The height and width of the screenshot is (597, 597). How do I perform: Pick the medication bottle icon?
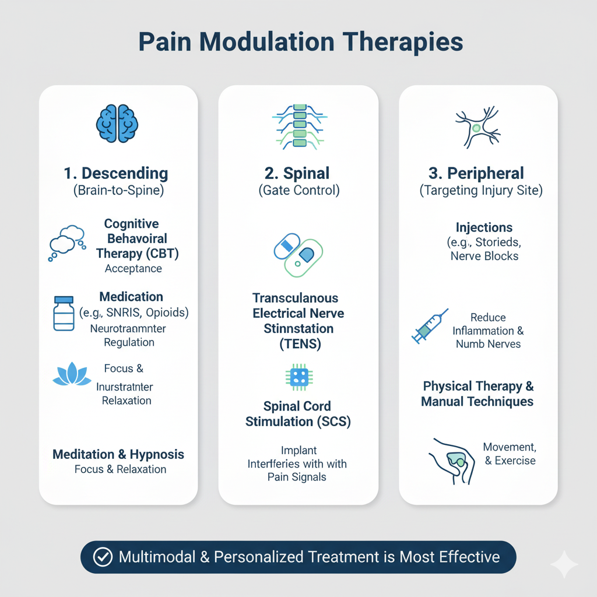pos(64,314)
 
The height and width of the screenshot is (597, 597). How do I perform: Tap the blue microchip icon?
pos(299,377)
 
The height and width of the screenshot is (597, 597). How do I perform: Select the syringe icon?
pos(430,326)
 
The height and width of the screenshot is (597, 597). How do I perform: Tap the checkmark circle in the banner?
pos(103,557)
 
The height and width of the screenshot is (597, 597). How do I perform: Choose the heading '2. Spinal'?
pos(298,173)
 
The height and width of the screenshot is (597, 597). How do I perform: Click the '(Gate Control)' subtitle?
pos(298,190)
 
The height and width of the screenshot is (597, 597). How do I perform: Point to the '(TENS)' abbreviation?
pos(298,344)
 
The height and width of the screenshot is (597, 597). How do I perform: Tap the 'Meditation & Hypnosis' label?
pos(118,454)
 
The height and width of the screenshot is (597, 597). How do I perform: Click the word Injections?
pos(484,227)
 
